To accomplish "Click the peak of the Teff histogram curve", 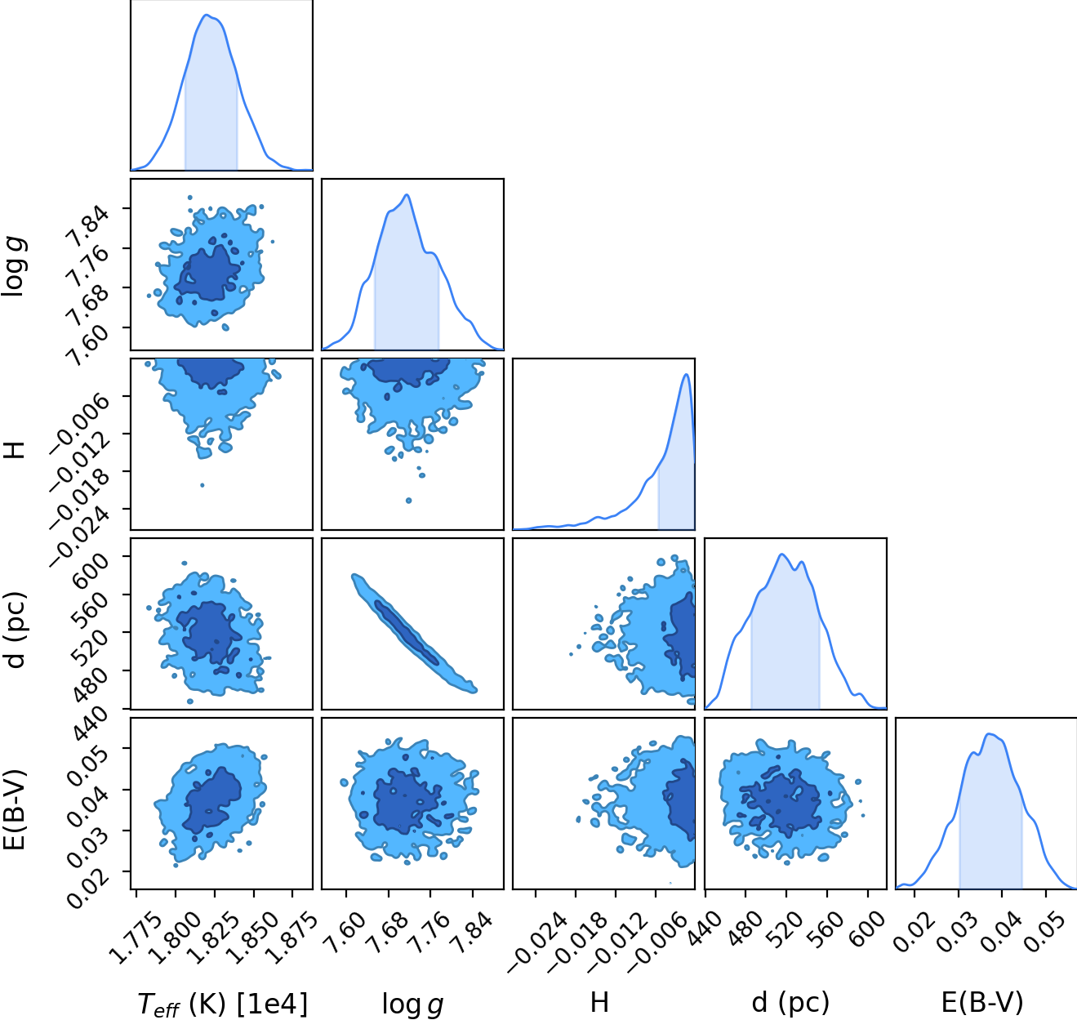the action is tap(206, 15).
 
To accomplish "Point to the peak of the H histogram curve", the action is tap(686, 374).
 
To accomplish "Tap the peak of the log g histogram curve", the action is tap(407, 194).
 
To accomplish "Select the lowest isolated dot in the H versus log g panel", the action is tap(408, 501).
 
